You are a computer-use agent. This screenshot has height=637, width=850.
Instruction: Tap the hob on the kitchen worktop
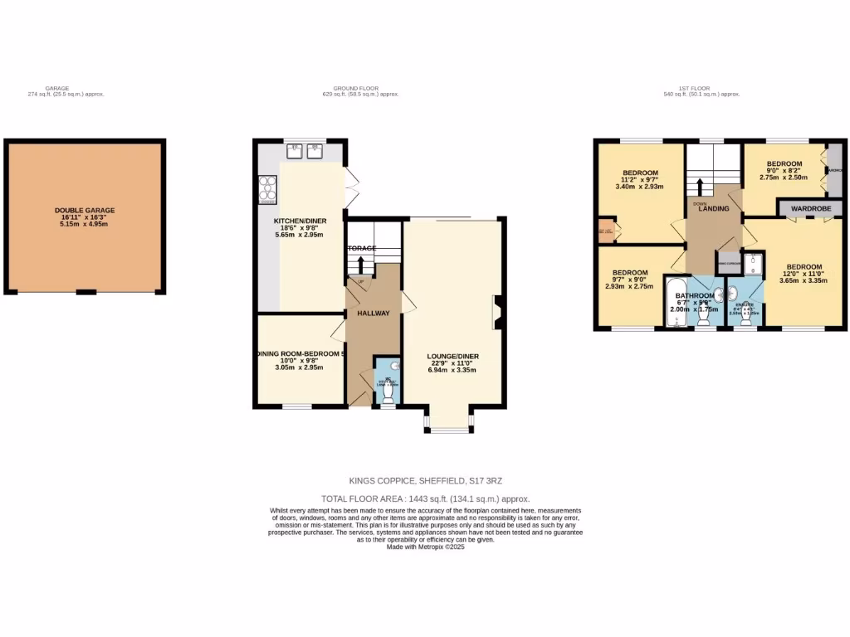268,190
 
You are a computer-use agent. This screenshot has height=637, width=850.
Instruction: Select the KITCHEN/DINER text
300,221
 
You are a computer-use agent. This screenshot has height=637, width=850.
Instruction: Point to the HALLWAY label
374,314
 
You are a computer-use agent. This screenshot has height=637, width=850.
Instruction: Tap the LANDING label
714,208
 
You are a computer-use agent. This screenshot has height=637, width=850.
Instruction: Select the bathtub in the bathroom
673,304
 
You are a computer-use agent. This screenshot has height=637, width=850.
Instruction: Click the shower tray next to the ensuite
751,264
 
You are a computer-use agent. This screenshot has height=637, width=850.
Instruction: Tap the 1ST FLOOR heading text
701,89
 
